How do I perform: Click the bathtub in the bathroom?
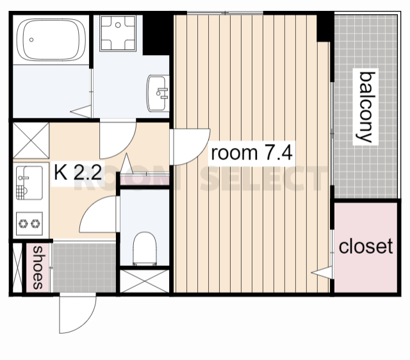[x=51, y=40]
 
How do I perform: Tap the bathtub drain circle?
[x=31, y=40]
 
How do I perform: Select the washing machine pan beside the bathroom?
[x=118, y=33]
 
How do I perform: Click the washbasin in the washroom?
[x=158, y=93]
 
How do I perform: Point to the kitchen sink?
[x=29, y=183]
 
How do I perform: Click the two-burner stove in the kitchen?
[x=29, y=224]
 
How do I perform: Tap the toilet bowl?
[x=145, y=249]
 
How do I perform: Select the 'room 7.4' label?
[x=251, y=153]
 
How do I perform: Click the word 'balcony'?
[x=366, y=107]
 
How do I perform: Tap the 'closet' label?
[x=366, y=246]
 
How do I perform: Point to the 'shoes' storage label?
[x=38, y=268]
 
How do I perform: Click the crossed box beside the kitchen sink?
[x=31, y=140]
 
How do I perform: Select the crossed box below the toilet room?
[x=145, y=281]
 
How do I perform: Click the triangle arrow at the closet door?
[x=322, y=272]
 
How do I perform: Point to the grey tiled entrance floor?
[x=84, y=268]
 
